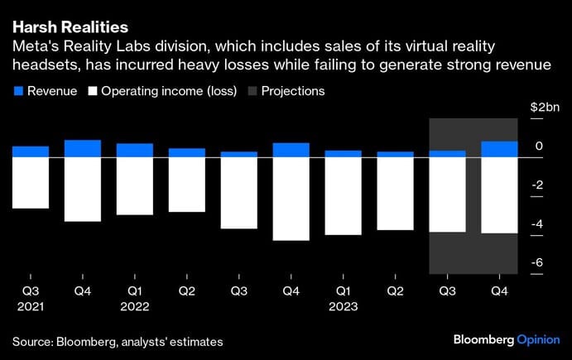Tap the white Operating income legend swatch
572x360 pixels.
(x=92, y=91)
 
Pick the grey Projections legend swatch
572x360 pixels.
(x=252, y=91)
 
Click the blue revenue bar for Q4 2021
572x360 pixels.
(x=83, y=148)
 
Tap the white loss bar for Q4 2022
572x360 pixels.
(x=291, y=199)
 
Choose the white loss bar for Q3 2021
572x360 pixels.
(x=31, y=182)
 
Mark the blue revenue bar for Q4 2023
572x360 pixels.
(x=500, y=149)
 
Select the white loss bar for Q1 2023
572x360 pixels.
(x=344, y=195)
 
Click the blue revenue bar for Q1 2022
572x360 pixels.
(x=135, y=150)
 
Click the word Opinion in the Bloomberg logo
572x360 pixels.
(x=538, y=340)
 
